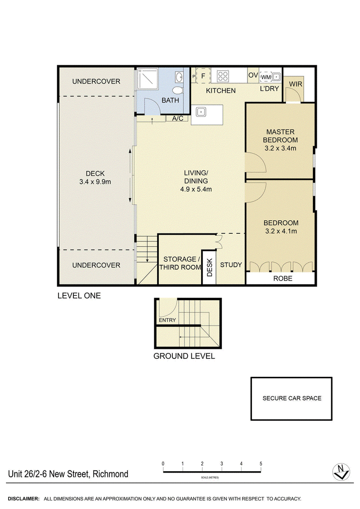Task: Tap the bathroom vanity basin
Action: (180, 76)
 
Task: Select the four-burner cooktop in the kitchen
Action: (223, 76)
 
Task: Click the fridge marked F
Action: (203, 76)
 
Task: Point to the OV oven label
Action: (253, 76)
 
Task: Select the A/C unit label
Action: (177, 119)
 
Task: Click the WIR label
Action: (296, 84)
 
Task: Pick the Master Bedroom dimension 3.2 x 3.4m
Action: (280, 148)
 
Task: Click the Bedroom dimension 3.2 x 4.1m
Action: (281, 232)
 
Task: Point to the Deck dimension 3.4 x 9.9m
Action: (95, 182)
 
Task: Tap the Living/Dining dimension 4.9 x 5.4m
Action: (196, 189)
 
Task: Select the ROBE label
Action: (283, 278)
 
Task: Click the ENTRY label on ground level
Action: (167, 320)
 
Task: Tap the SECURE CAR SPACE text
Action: (292, 398)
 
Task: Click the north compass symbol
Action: (341, 472)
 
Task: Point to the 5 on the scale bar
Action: (261, 464)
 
